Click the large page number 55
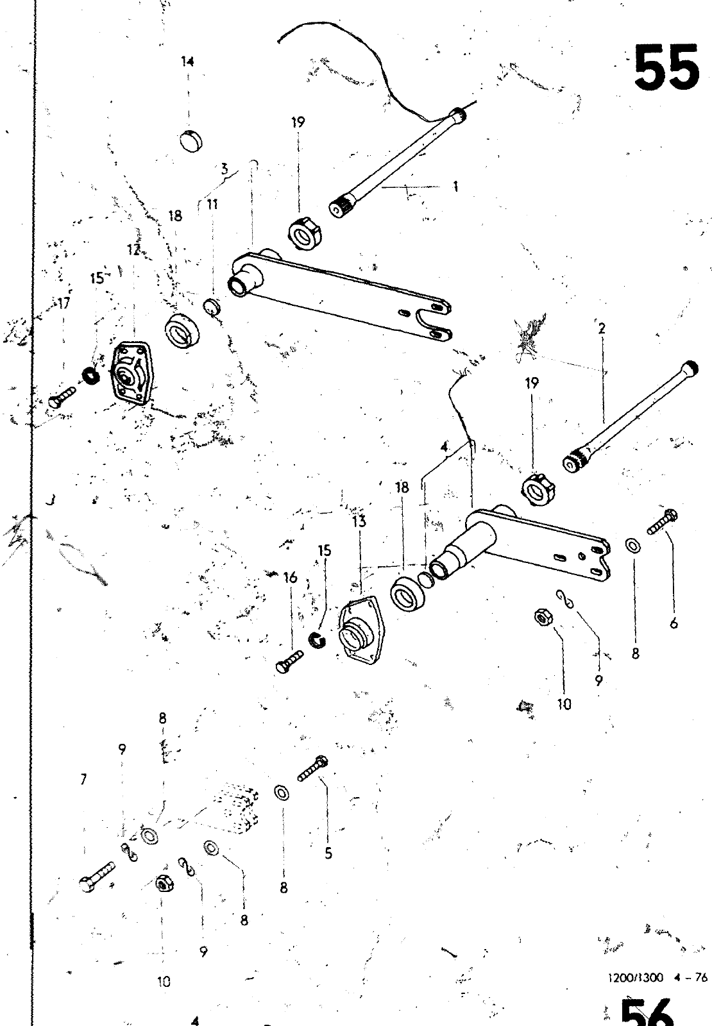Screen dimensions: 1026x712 click(x=666, y=67)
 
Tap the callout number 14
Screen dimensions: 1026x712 click(x=187, y=62)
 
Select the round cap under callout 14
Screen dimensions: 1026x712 click(x=189, y=140)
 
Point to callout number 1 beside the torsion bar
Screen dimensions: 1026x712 click(x=455, y=187)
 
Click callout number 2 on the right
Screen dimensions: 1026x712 click(x=602, y=329)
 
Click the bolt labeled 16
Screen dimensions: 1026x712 click(x=291, y=661)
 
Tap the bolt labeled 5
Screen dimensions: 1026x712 click(x=312, y=768)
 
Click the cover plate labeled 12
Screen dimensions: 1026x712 click(x=131, y=374)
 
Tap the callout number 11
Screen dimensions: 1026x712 click(x=212, y=205)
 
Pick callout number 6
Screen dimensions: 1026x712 click(x=674, y=623)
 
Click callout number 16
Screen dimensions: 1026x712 click(x=291, y=578)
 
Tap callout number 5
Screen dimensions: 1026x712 click(x=328, y=854)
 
